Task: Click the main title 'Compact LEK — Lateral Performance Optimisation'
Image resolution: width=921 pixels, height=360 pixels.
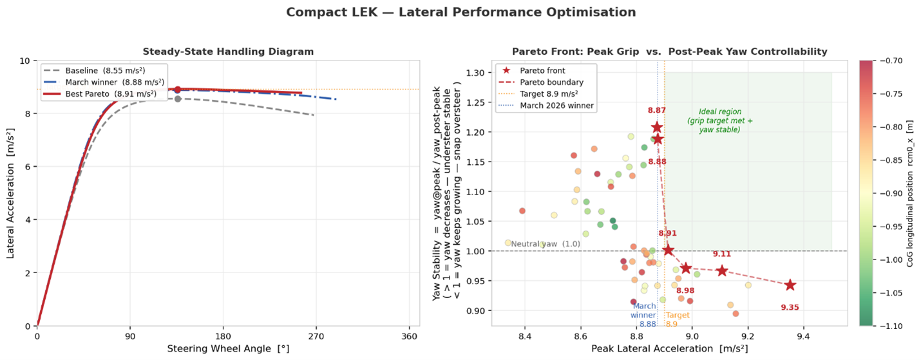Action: (x=460, y=12)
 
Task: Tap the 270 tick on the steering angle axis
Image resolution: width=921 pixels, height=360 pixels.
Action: (x=316, y=337)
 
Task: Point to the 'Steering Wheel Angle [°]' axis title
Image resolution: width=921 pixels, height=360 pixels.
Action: (x=227, y=349)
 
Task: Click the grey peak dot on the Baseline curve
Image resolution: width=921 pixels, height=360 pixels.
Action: (x=178, y=99)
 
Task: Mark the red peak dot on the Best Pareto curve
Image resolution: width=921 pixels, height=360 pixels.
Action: (x=178, y=90)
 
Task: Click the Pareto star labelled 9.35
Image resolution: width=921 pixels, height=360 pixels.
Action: (x=790, y=285)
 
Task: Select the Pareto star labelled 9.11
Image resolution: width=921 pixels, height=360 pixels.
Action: (x=722, y=270)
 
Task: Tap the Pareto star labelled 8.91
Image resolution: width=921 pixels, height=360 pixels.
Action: (x=668, y=250)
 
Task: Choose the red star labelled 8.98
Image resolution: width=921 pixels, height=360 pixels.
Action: (x=685, y=268)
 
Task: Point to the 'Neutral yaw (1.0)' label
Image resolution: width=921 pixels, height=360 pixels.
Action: (x=546, y=244)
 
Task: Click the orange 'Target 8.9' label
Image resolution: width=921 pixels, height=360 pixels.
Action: (x=678, y=319)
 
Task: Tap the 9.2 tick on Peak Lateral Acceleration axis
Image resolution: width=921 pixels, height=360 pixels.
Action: (x=748, y=337)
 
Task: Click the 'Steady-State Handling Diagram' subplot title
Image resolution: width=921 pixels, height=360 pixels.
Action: (x=228, y=52)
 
